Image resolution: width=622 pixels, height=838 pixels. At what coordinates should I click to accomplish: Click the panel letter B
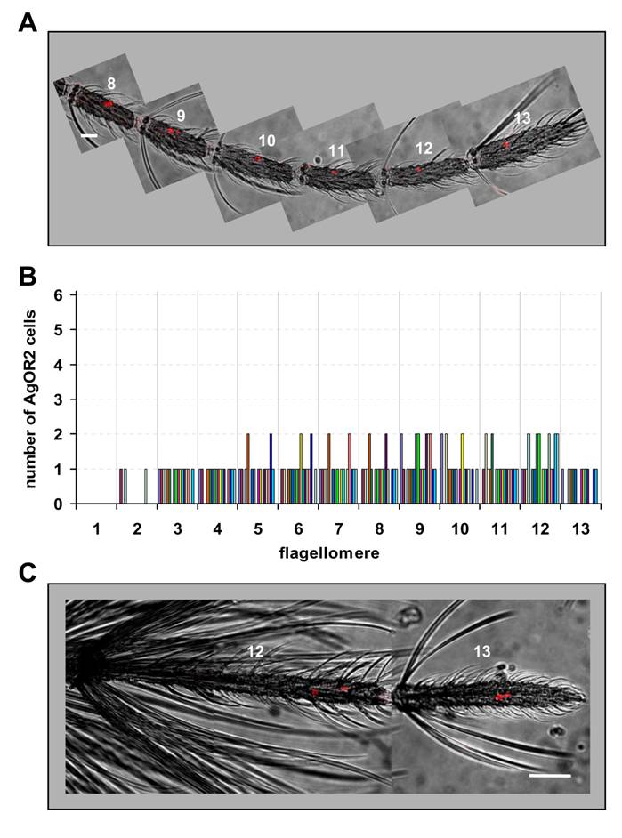tap(28, 278)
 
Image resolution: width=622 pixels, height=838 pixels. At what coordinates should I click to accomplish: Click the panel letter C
tap(28, 572)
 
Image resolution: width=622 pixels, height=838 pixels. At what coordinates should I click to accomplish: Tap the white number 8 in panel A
tap(111, 83)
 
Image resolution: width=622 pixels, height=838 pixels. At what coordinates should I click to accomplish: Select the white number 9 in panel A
tap(181, 116)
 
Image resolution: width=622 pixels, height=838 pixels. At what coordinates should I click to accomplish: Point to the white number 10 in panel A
tap(267, 141)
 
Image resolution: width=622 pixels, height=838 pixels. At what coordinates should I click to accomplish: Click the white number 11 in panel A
tap(335, 151)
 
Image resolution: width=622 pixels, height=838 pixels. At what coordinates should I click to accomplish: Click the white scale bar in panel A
tap(89, 135)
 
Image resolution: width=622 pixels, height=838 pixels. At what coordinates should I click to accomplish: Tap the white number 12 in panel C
tap(255, 652)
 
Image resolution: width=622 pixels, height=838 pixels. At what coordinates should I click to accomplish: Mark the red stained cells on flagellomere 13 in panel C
tap(504, 697)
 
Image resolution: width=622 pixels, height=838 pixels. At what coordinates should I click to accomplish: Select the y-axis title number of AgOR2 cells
tap(32, 399)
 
